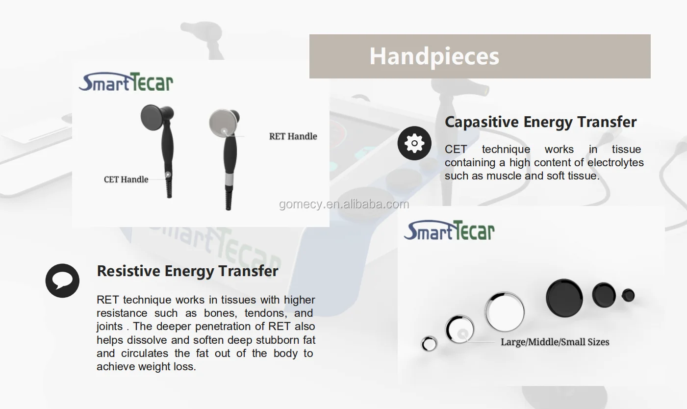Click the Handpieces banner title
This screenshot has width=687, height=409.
tap(434, 56)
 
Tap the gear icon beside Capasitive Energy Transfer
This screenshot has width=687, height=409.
tap(414, 143)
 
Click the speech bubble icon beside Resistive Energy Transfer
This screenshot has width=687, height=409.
tap(62, 281)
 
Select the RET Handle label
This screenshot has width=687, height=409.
tap(293, 136)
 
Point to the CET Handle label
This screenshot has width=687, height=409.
tap(126, 179)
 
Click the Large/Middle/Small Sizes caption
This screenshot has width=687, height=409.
tap(555, 342)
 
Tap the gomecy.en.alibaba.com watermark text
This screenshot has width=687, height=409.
tap(344, 204)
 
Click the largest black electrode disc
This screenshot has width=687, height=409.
tap(564, 298)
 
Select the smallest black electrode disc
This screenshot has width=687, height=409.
tap(628, 295)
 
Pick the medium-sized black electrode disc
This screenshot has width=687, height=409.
tap(604, 295)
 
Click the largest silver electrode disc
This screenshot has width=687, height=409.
tap(505, 312)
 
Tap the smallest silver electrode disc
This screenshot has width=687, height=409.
tap(429, 344)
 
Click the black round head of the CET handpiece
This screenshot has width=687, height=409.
tap(154, 117)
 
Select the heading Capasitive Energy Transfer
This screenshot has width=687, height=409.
tap(540, 122)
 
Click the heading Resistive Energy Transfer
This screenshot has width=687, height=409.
tap(187, 271)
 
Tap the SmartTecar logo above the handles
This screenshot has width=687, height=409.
tap(126, 82)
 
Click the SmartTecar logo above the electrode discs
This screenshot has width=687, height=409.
tap(449, 230)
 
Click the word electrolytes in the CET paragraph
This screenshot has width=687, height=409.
tap(615, 162)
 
